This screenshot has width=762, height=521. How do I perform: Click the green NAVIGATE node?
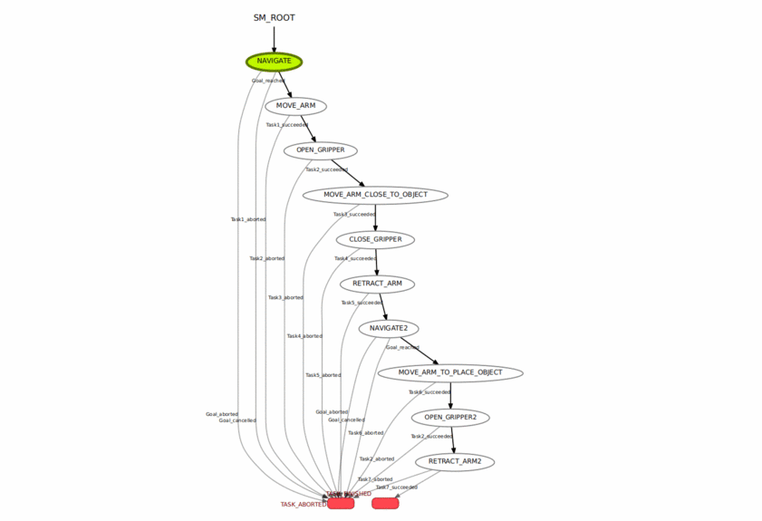[x=274, y=62]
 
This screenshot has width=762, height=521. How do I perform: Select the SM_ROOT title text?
[x=274, y=17]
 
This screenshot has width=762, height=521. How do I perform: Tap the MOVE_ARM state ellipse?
[x=295, y=106]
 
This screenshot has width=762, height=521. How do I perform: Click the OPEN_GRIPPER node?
[x=320, y=150]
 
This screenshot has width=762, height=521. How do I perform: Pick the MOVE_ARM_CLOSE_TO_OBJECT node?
[x=375, y=195]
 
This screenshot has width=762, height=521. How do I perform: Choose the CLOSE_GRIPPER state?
[x=375, y=239]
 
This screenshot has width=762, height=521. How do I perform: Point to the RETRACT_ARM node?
[x=377, y=284]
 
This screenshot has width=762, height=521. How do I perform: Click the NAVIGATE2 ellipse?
[x=389, y=328]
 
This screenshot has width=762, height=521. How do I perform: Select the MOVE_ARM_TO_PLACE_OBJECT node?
[x=450, y=372]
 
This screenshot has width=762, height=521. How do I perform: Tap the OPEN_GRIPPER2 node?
[x=450, y=417]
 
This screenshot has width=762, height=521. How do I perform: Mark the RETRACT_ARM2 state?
[x=455, y=461]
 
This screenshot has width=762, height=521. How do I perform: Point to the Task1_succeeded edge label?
[x=286, y=125]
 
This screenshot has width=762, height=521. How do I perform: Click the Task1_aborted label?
[x=248, y=219]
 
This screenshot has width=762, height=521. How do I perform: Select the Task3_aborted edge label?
[x=285, y=297]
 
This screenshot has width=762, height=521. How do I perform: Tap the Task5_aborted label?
[x=323, y=375]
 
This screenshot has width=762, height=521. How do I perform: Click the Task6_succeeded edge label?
[x=429, y=392]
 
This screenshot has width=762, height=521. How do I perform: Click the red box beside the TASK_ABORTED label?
[x=341, y=504]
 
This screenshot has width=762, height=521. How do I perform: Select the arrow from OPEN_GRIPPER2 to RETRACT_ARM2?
[x=452, y=439]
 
